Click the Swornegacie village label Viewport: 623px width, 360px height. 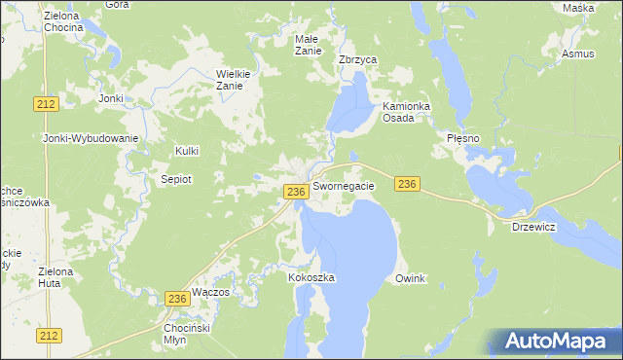[x=344, y=185]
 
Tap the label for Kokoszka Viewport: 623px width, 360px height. [x=311, y=277]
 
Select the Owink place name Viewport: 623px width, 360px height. [x=411, y=278]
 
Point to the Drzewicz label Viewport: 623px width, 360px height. [x=533, y=227]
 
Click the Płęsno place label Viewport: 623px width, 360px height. [x=463, y=139]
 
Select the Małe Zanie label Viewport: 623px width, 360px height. [x=308, y=45]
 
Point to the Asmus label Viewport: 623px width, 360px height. [x=577, y=54]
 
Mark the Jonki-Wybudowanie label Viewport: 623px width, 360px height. [x=91, y=138]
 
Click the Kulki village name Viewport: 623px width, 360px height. [x=186, y=151]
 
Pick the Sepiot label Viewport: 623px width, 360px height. [x=176, y=179]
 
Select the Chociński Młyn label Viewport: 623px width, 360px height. [x=188, y=335]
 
